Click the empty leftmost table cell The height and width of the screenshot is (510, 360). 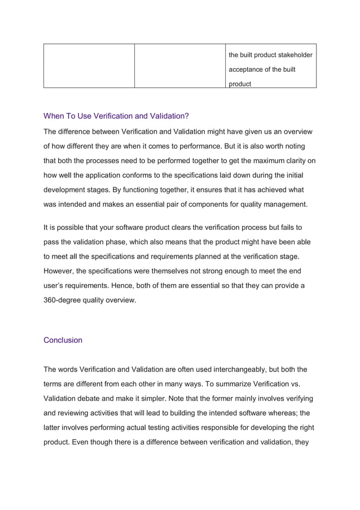coord(89,66)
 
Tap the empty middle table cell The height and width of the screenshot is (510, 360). coord(179,66)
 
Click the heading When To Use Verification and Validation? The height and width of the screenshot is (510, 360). coord(116,116)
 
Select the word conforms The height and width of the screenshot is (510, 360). coord(144,175)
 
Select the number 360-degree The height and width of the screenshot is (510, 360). coord(67,300)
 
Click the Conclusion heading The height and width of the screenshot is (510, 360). coord(63,340)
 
